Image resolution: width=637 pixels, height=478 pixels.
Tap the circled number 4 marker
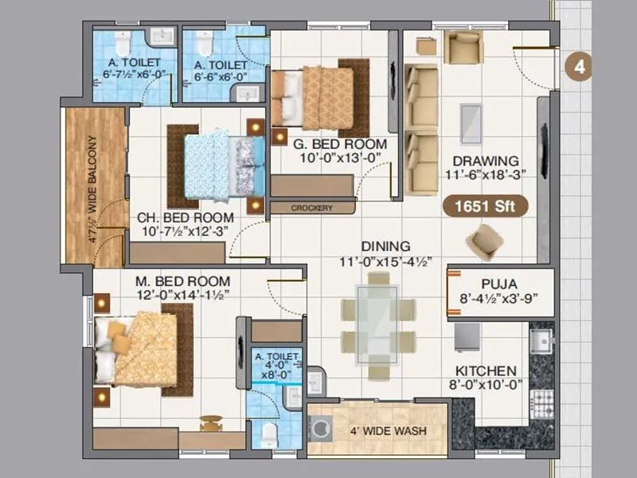[x=579, y=67]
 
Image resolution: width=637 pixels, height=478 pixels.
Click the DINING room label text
[x=385, y=246]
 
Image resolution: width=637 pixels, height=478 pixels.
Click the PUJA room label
[x=500, y=284]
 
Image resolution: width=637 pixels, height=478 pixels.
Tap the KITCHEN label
[x=486, y=371]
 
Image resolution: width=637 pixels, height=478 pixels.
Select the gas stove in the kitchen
[x=543, y=398]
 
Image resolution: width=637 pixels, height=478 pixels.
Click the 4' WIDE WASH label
[x=388, y=431]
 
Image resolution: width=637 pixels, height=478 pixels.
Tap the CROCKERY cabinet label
[x=311, y=208]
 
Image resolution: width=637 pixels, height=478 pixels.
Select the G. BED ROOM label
[x=328, y=144]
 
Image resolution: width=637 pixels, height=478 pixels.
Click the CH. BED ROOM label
[x=186, y=217]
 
